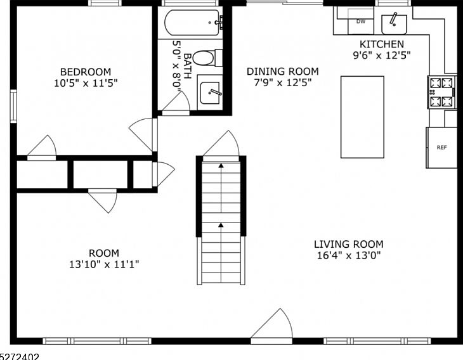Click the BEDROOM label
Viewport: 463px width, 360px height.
86,72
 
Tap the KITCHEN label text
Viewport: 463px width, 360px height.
382,44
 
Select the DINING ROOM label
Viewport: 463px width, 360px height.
283,72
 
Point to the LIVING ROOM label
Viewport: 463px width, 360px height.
348,244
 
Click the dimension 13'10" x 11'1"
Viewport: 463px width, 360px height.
104,264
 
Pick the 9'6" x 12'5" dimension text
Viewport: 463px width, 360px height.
382,55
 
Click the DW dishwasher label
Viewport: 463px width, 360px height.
360,22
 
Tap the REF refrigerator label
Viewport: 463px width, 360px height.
441,147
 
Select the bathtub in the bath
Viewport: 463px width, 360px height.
193,23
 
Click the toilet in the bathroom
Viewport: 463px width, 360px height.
207,58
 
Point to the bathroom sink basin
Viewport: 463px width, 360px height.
210,93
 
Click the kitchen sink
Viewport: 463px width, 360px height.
395,24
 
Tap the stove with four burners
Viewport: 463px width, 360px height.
441,93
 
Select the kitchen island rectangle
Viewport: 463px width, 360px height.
362,117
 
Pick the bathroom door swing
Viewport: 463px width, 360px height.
176,102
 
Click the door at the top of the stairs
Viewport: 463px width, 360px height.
221,144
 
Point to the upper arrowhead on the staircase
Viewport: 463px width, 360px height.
221,165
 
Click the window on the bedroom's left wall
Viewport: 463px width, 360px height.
13,106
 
